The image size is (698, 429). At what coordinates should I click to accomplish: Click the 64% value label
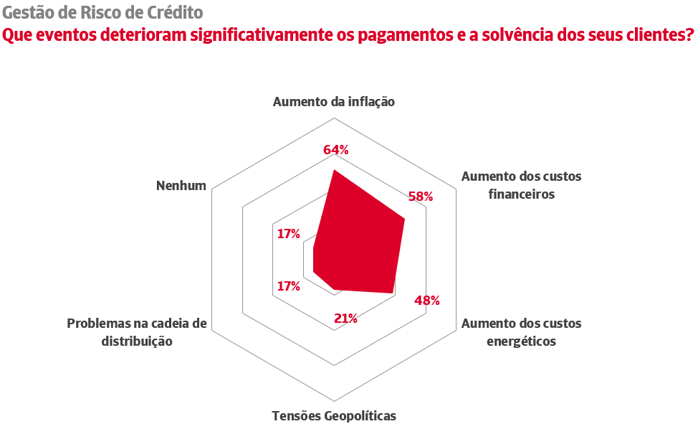[x=335, y=150]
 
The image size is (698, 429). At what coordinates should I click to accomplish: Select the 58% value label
[x=420, y=197]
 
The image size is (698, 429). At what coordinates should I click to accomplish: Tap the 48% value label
[x=427, y=301]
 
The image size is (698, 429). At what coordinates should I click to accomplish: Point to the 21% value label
[x=346, y=319]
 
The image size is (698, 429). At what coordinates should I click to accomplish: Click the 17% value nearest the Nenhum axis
[x=288, y=233]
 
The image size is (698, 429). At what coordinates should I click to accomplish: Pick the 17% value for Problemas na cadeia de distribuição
[x=288, y=286]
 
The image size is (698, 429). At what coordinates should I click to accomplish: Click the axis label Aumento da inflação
[x=334, y=102]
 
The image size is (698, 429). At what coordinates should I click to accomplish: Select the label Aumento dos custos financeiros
[x=521, y=185]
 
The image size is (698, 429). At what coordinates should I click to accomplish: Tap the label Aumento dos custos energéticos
[x=521, y=332]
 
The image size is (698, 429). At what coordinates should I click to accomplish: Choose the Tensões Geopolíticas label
[x=334, y=415]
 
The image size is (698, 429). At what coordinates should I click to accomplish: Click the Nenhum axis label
[x=181, y=186]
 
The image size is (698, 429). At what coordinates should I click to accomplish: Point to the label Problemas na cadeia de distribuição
[x=137, y=332]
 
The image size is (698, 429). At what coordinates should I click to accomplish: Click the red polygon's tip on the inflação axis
[x=334, y=171]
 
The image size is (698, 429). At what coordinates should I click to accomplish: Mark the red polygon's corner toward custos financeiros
[x=404, y=219]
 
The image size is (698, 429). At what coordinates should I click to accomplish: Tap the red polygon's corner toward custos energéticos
[x=393, y=293]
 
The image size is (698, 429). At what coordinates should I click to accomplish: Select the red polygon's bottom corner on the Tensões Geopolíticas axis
[x=335, y=289]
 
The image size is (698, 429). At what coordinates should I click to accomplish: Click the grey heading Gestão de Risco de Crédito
[x=102, y=13]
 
